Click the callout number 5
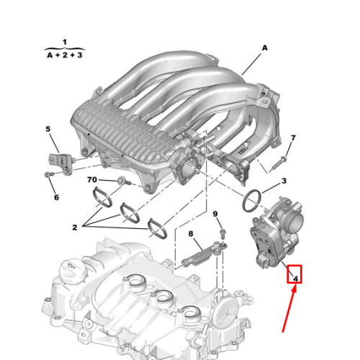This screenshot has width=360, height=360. pos(48,129)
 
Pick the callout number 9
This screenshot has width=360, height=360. pos(214,215)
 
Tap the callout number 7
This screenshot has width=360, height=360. pos(293,138)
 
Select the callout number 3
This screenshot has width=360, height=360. pos(284,181)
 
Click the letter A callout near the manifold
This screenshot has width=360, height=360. pos(264,48)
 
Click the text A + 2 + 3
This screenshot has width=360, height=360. pos(64,54)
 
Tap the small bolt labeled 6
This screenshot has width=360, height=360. pos(49,176)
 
